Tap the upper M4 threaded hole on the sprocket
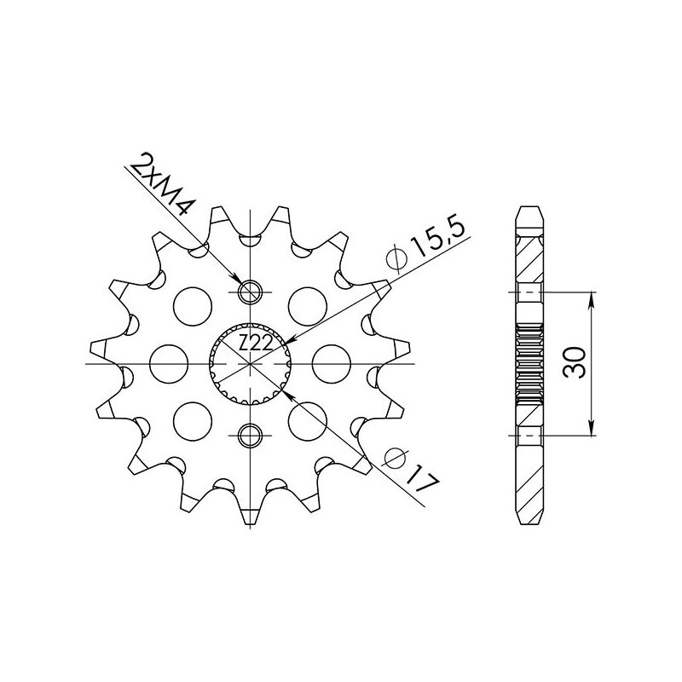click(250, 292)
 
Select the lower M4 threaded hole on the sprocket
click(250, 436)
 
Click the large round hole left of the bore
click(168, 364)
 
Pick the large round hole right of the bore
click(332, 364)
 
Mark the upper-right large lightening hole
click(308, 304)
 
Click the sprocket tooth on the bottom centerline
click(250, 515)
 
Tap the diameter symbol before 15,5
click(395, 256)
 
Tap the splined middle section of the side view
click(529, 364)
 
